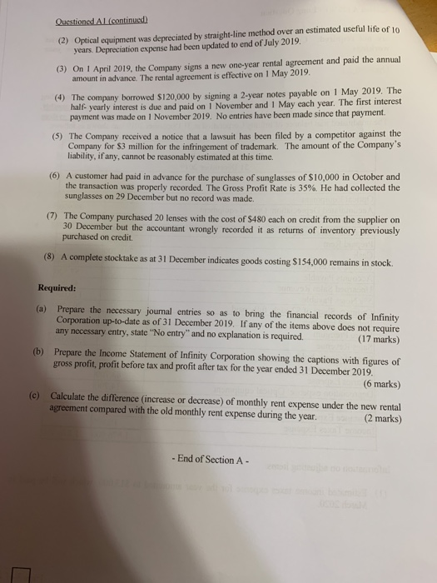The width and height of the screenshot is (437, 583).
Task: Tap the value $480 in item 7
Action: coord(272,220)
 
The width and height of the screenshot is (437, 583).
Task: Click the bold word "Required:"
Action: coord(57,288)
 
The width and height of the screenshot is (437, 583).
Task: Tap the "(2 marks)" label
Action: coord(380,420)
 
